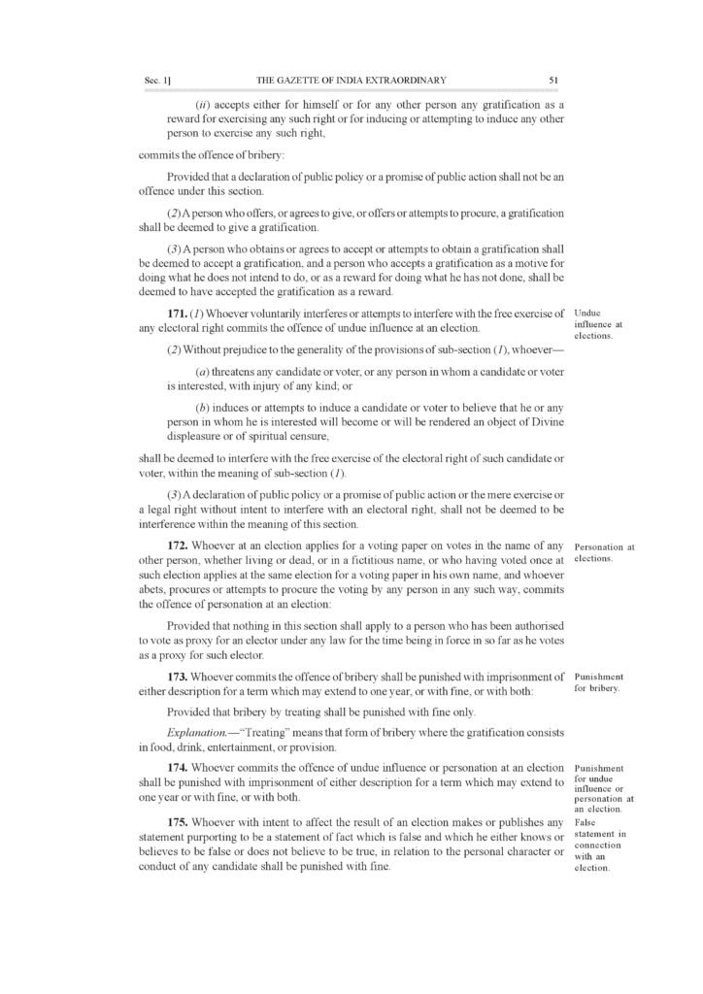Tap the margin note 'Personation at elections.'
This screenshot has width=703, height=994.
coord(604,551)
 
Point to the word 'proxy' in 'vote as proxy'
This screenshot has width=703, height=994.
coord(199,642)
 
